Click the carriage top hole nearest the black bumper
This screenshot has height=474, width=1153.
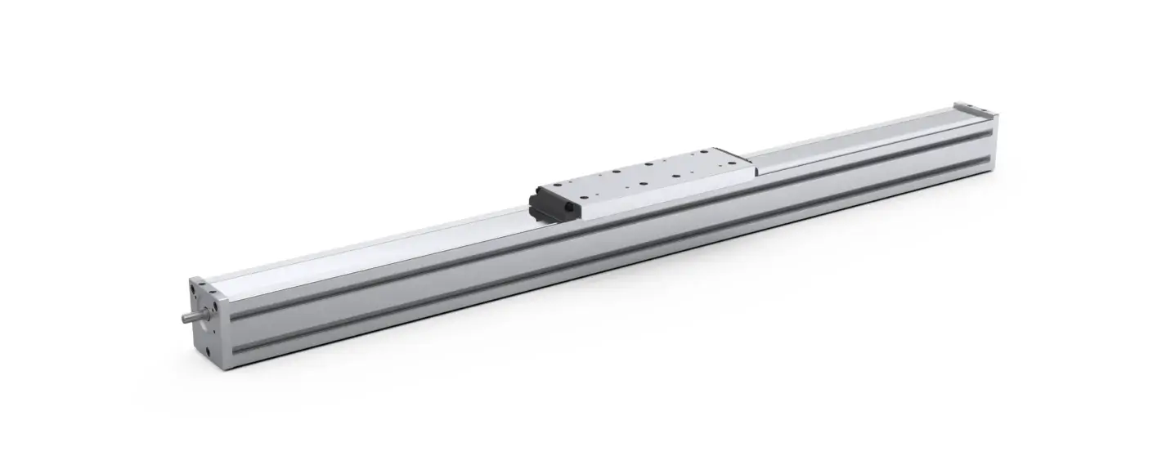click(x=584, y=196)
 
